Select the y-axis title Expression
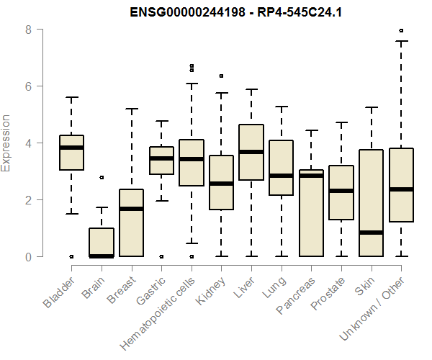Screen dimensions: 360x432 [x=7, y=143]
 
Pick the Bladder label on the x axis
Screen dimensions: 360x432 [x=60, y=292]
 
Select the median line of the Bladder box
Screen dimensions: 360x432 [x=71, y=148]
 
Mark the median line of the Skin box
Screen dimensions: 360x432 [x=372, y=233]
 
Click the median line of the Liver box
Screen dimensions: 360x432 [x=251, y=152]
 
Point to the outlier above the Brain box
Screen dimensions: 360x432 [x=102, y=177]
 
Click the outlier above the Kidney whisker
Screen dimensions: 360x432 [x=221, y=76]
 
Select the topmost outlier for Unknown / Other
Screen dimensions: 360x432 [x=401, y=31]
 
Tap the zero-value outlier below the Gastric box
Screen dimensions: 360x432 [x=161, y=256]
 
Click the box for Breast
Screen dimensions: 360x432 [x=131, y=222]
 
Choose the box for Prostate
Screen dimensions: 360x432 [x=341, y=192]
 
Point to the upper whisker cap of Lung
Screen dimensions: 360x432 [x=281, y=107]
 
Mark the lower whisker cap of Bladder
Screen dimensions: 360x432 [x=71, y=214]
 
